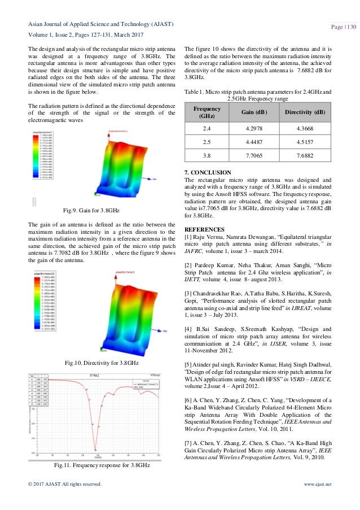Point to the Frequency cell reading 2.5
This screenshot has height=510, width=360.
pyautogui.click(x=208, y=142)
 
